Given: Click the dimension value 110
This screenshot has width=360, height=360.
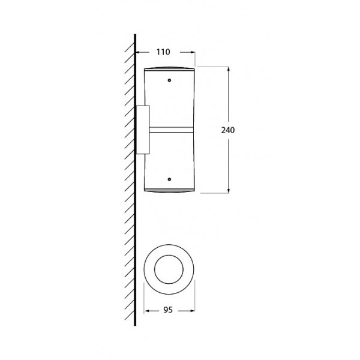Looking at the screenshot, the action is [163, 52].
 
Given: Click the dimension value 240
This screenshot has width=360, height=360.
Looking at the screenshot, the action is [228, 130].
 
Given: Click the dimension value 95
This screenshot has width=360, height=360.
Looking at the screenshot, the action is [168, 310].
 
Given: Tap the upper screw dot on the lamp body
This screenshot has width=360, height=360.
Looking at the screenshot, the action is [169, 80].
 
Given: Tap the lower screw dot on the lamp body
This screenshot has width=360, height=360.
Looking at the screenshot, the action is [169, 179].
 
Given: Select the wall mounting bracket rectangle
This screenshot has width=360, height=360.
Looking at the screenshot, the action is [143, 130].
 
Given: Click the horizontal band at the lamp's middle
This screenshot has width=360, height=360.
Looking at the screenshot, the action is [171, 130].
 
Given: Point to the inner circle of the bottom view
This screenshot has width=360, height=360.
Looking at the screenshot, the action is [169, 255].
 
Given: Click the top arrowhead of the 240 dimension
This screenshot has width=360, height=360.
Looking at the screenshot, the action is [228, 70].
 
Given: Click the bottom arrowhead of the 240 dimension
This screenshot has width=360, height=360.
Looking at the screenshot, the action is [228, 190].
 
